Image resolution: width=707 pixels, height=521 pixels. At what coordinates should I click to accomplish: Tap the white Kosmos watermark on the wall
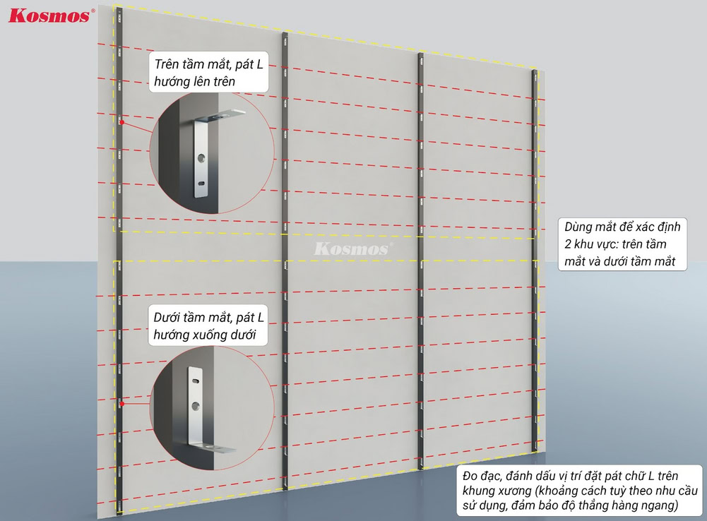tap(353, 248)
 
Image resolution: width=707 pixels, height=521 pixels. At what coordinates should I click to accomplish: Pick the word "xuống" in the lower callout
tap(211, 335)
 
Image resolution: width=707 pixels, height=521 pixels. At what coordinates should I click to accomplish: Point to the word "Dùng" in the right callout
tap(578, 227)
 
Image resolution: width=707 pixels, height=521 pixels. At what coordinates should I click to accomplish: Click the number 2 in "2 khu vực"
tap(568, 244)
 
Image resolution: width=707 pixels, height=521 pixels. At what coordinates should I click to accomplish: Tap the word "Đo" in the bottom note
tap(470, 476)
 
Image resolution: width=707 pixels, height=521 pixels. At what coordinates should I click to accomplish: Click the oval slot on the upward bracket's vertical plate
tap(200, 183)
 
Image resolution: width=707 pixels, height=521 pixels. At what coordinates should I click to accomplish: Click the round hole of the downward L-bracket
tap(196, 406)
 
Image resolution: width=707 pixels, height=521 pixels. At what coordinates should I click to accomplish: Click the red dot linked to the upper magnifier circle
tap(121, 122)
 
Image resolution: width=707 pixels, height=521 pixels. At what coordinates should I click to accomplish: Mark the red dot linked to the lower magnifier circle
tap(121, 405)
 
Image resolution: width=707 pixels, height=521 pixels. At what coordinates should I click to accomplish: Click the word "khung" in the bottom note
tap(477, 491)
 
